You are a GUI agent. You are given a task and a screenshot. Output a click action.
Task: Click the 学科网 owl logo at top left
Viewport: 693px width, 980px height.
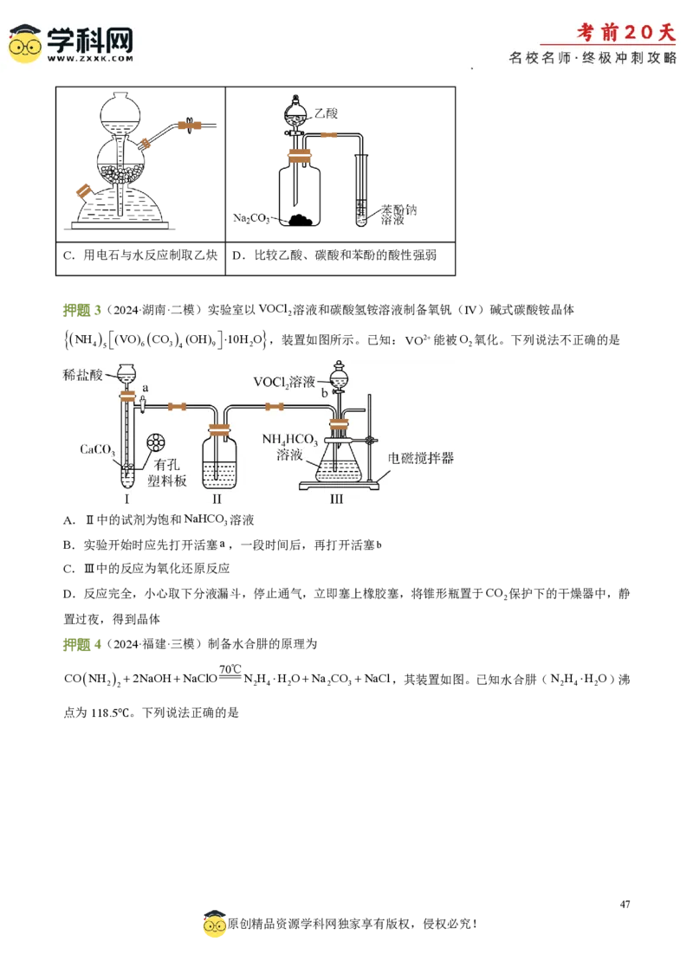click(25, 44)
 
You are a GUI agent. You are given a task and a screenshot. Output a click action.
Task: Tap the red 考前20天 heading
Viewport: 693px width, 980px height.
click(626, 32)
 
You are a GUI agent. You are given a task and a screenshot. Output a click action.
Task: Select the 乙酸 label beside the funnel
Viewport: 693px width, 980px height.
click(326, 113)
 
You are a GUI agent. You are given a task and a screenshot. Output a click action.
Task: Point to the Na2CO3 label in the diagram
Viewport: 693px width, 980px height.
click(251, 218)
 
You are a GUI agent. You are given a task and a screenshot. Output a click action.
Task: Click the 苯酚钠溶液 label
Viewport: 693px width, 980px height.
click(398, 215)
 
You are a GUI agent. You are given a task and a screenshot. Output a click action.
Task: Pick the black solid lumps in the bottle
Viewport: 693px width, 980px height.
click(299, 219)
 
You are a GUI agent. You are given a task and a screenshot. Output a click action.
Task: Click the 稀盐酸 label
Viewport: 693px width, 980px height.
click(82, 375)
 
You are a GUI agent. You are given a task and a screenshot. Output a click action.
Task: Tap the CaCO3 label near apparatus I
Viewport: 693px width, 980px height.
click(97, 450)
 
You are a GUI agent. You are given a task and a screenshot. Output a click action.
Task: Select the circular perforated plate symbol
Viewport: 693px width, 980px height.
click(156, 443)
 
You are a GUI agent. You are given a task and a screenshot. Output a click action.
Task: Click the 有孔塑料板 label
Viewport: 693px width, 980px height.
click(167, 473)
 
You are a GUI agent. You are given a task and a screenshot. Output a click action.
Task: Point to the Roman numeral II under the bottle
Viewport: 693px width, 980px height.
click(217, 499)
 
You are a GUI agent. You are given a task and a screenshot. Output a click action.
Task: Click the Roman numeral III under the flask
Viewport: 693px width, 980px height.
click(336, 499)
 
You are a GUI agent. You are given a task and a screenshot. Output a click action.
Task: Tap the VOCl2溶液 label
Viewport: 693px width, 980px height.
click(284, 383)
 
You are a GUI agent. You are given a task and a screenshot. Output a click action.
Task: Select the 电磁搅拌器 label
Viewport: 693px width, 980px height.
click(420, 458)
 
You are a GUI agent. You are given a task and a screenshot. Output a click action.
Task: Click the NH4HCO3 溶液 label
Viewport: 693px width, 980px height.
click(289, 447)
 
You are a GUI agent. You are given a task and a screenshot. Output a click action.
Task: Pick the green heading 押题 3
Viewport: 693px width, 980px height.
click(82, 310)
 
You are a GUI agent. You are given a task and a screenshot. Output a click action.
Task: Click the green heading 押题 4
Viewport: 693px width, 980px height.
click(82, 644)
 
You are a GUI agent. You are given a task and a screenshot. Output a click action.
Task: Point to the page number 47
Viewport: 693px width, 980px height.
click(625, 905)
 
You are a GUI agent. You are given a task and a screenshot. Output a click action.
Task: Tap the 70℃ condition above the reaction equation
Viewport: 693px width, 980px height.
click(230, 669)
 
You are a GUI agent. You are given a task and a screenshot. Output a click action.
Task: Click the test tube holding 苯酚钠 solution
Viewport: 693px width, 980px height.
click(361, 190)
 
